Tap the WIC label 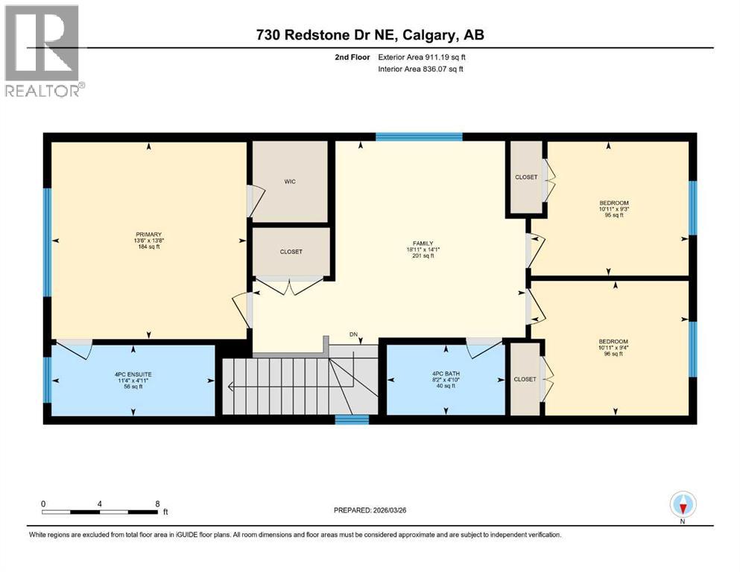291,182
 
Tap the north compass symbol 683,506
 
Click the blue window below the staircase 352,420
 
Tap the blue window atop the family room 418,136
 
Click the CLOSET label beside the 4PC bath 525,379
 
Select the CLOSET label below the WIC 291,252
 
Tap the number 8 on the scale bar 157,503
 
